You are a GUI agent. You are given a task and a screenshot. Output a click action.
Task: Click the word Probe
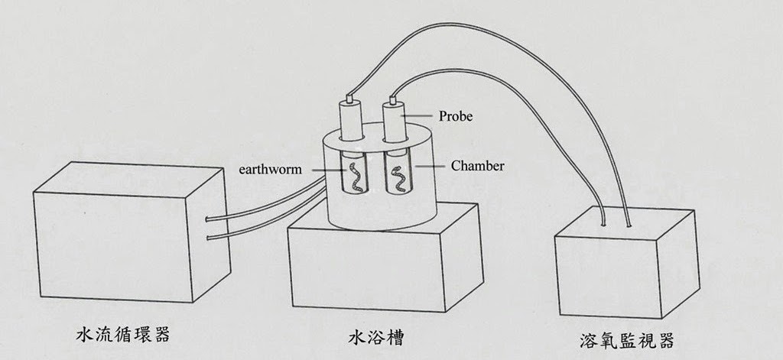click(x=456, y=117)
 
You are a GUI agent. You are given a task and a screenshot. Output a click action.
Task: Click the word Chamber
click(x=477, y=165)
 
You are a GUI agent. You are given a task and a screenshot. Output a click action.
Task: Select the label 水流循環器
click(x=123, y=335)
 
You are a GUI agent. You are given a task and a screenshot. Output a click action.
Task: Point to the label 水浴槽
click(x=372, y=336)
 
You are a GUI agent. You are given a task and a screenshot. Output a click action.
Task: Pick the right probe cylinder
click(x=395, y=120)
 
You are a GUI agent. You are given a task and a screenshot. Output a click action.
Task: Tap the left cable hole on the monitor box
click(x=605, y=226)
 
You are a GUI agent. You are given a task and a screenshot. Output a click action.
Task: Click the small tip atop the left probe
click(x=350, y=98)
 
